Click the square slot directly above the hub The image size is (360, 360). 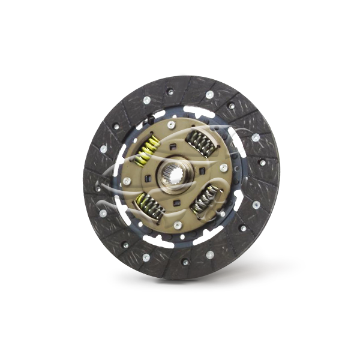[x=173, y=146]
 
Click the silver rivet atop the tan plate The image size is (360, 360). [x=172, y=124]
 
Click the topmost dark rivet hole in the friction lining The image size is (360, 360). [x=170, y=91]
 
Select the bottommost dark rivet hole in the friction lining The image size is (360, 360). [x=185, y=262]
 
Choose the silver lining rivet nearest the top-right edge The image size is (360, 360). [x=256, y=137]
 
